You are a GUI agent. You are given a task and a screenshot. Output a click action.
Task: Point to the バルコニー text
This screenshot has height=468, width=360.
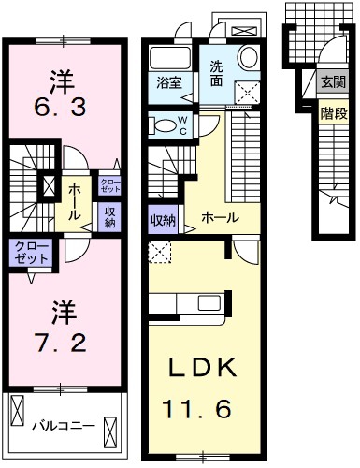[x=65, y=425]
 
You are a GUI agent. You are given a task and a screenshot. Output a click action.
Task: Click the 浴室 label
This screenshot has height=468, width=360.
[x=169, y=84]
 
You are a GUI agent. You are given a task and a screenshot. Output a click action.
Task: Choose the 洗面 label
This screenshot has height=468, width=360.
[x=216, y=74]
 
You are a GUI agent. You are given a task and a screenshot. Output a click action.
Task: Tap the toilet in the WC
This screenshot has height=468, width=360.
[x=164, y=125]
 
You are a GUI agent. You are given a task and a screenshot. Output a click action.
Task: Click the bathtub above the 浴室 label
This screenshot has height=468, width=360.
[x=170, y=57]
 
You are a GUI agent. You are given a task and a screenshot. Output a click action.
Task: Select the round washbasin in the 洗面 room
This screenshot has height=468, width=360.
[x=249, y=57]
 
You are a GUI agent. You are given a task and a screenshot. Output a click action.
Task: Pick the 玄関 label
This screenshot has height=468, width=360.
[x=333, y=82]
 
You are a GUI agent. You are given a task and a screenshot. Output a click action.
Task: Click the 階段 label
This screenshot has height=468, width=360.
[x=334, y=114]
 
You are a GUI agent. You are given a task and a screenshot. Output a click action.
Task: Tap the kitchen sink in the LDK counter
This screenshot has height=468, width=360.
[x=210, y=303]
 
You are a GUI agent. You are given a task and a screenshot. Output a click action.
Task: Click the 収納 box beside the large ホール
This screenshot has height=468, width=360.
[x=164, y=219]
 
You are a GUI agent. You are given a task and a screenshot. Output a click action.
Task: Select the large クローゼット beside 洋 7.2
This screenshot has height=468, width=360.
[x=31, y=253]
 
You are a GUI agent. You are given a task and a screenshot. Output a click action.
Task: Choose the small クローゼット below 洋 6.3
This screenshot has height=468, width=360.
[x=109, y=186]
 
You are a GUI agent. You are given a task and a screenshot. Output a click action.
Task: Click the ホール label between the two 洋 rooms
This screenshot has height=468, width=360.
[x=74, y=201]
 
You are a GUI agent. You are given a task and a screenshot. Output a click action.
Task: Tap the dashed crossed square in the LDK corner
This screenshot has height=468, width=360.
[x=160, y=253]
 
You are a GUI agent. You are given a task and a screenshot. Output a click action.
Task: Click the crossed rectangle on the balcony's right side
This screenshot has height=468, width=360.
[x=110, y=432]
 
